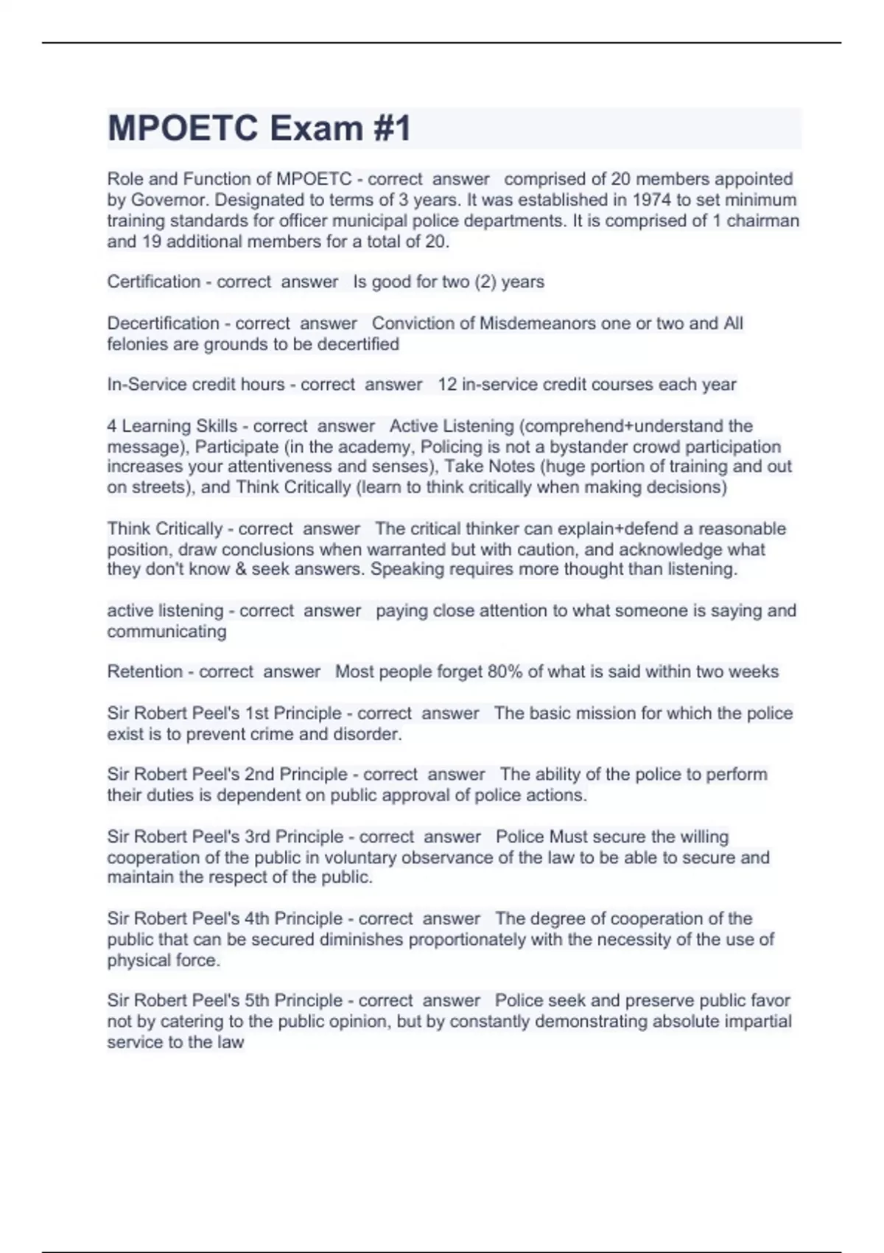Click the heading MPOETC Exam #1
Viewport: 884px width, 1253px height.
(x=259, y=128)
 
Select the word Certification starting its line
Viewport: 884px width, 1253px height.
(x=153, y=282)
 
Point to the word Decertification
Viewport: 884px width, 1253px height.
(x=163, y=323)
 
